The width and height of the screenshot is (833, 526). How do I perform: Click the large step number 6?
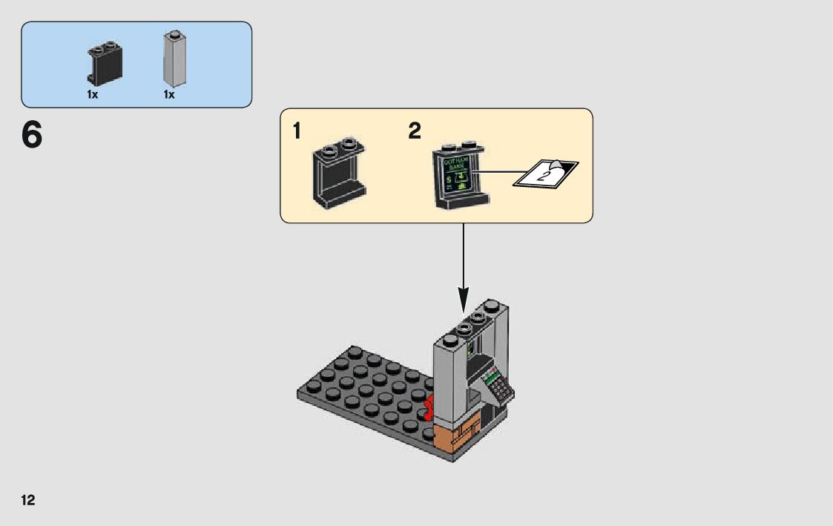[x=32, y=135]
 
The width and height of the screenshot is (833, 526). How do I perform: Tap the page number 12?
[x=28, y=500]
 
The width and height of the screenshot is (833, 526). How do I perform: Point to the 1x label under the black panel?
[x=92, y=95]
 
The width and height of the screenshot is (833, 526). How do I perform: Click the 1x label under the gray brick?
[x=169, y=95]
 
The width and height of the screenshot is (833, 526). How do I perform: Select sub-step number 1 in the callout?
[x=297, y=132]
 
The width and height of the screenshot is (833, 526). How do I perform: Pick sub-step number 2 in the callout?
[x=414, y=132]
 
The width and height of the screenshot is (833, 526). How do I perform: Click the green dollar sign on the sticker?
[x=450, y=179]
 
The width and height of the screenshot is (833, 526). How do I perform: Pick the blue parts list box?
[x=136, y=64]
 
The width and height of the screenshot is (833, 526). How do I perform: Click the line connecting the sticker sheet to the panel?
[x=493, y=175]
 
